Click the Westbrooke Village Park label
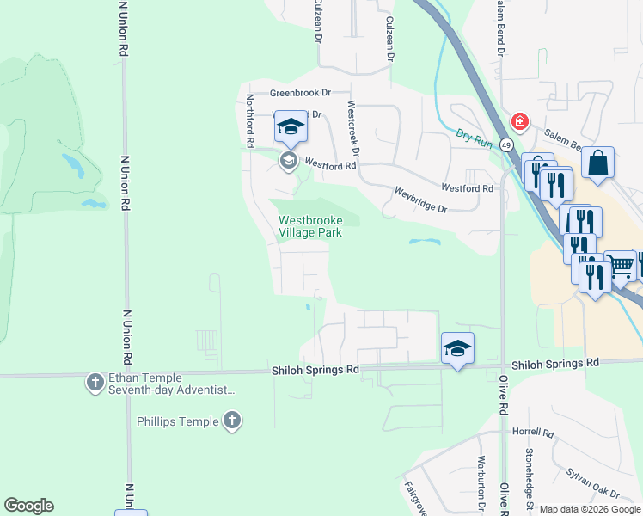click(310, 226)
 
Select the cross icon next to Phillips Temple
click(230, 421)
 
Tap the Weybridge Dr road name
click(421, 200)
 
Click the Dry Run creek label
click(474, 138)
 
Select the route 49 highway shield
click(507, 145)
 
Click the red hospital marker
click(518, 121)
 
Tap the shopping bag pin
click(597, 163)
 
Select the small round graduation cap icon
click(288, 160)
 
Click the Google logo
click(28, 505)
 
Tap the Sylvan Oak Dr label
click(593, 482)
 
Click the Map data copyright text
click(589, 509)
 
